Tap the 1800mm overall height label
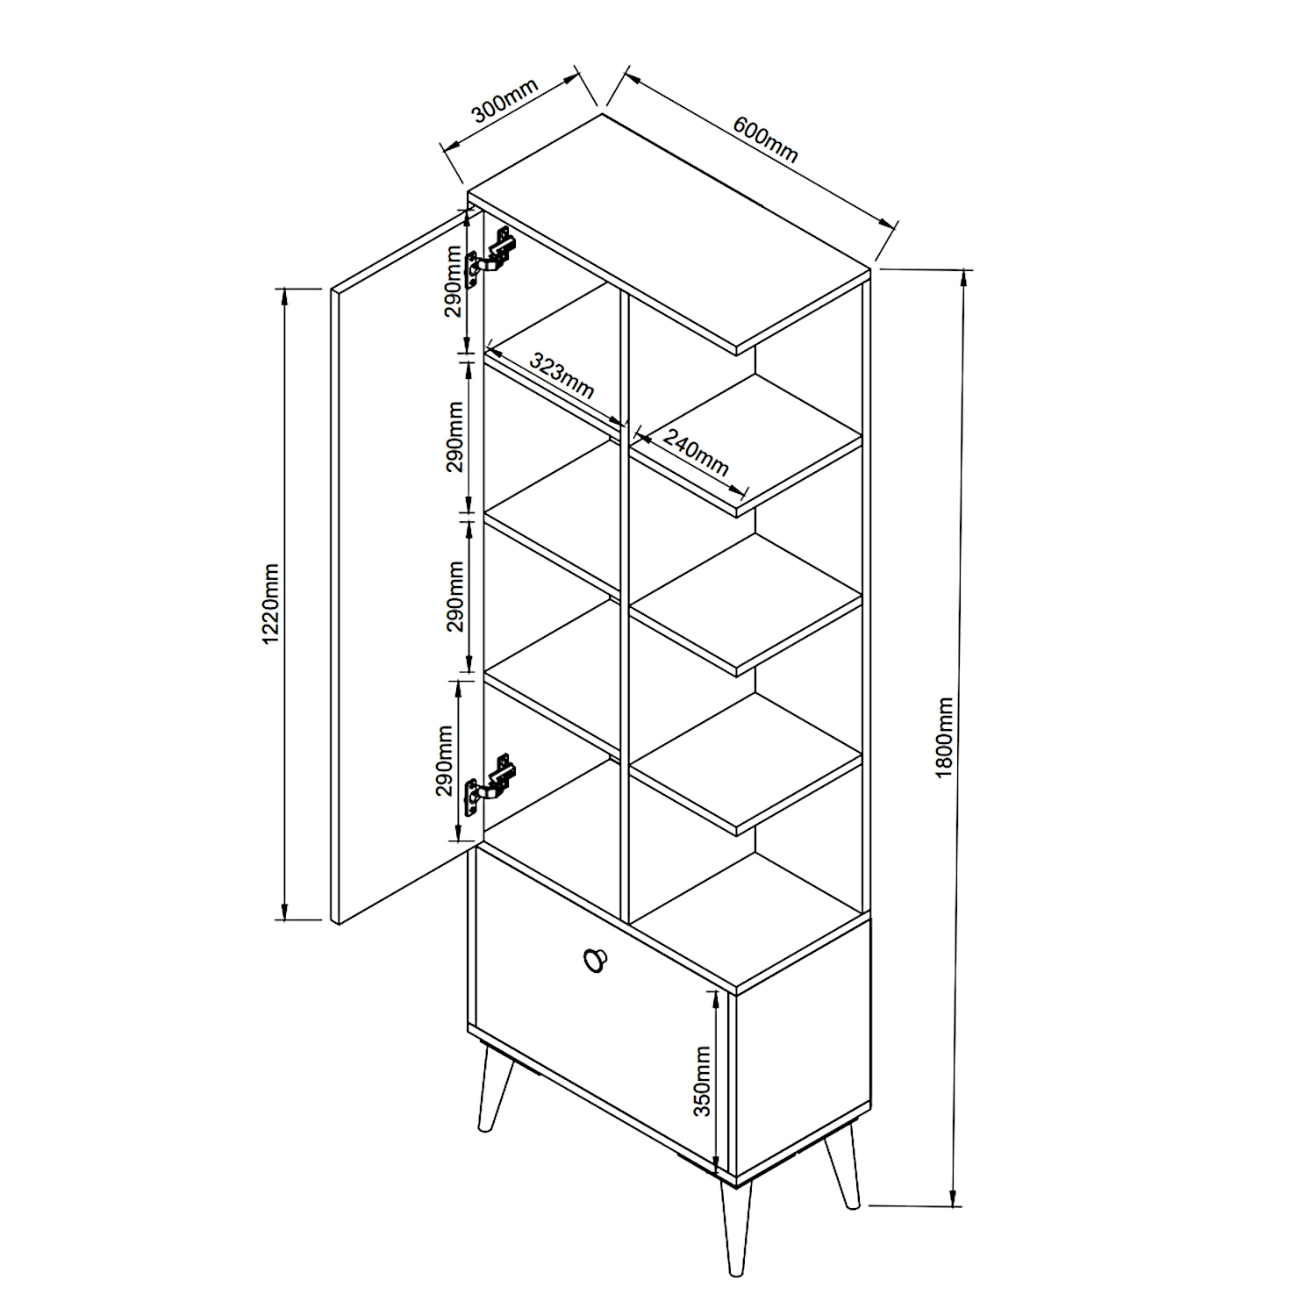(x=945, y=738)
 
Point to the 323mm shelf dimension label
(x=562, y=378)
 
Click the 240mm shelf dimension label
(x=696, y=453)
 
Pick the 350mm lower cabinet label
(x=702, y=1081)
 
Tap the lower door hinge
(x=490, y=780)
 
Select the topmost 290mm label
(x=453, y=282)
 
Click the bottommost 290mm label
(x=446, y=760)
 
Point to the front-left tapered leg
(x=492, y=1088)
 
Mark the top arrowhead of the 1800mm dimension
(x=967, y=280)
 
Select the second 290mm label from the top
(x=454, y=436)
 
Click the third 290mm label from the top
(x=454, y=597)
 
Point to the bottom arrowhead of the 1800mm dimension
(x=955, y=1194)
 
